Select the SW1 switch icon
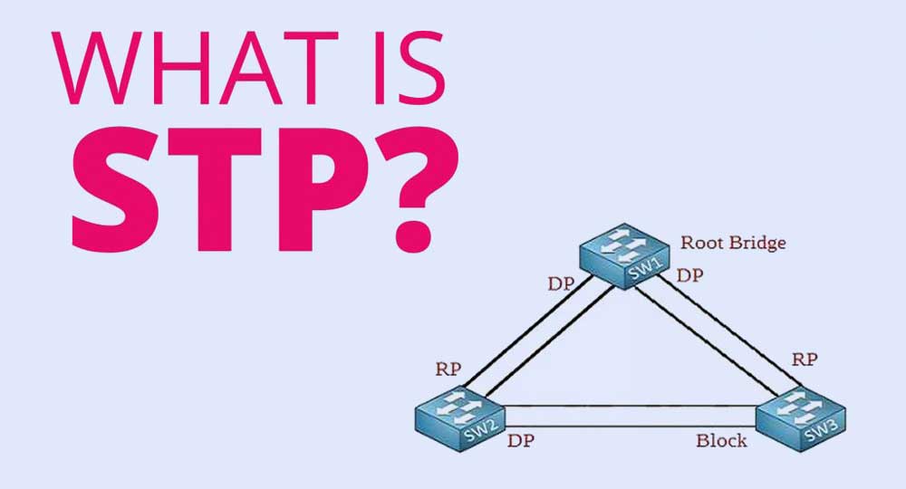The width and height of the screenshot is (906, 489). click(624, 256)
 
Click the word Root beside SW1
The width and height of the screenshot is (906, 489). click(699, 243)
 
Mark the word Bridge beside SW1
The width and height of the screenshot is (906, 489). click(754, 243)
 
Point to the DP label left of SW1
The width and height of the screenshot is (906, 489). click(561, 283)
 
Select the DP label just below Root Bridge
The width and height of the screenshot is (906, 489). click(689, 275)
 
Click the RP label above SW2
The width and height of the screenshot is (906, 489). click(448, 369)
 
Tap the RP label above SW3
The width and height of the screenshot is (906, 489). click(805, 360)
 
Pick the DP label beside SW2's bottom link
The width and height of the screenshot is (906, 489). click(521, 440)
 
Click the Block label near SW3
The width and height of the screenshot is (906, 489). click(721, 440)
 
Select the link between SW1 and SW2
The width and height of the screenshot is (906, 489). click(537, 337)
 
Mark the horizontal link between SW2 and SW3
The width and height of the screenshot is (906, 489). click(631, 417)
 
